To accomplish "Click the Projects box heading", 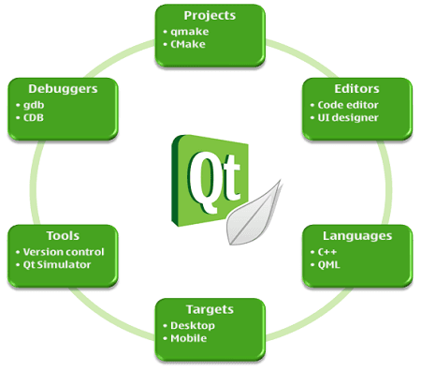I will pos(209,16).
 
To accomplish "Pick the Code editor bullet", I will pos(349,104).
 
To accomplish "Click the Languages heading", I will pos(357,236).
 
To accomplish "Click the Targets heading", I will pos(210,308).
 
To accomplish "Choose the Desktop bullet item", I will pos(194,324).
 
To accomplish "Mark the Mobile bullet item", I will pos(189,337).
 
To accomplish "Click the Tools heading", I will pos(63,236).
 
